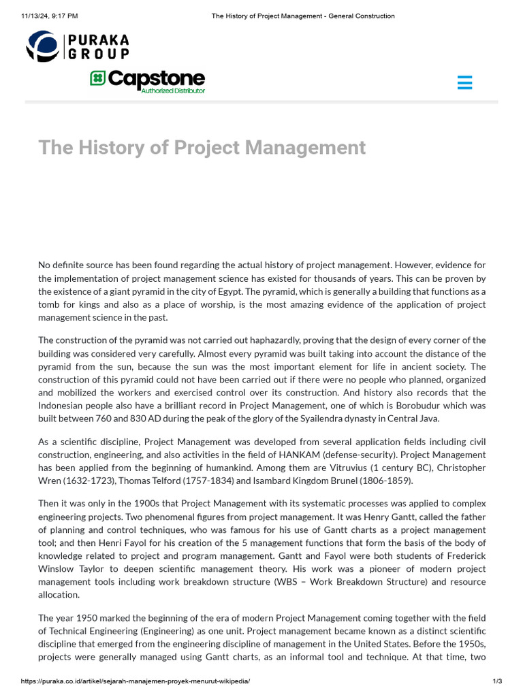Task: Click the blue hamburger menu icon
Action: coord(465,83)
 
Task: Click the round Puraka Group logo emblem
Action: coord(42,46)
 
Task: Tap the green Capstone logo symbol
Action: coord(97,78)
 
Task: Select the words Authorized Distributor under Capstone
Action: coord(172,91)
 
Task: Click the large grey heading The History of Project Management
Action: coord(202,147)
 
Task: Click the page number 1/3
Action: coord(496,681)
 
